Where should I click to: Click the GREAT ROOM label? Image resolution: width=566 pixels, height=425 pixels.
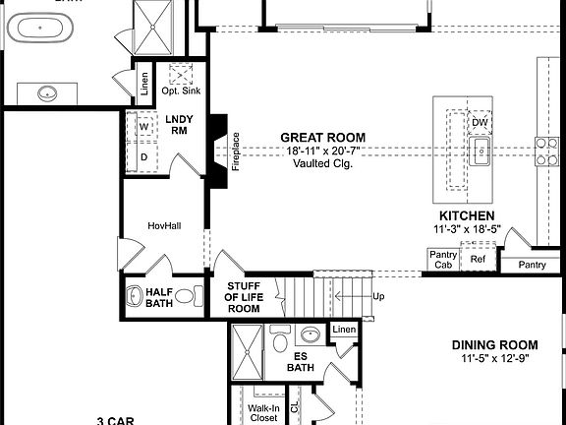click(x=322, y=138)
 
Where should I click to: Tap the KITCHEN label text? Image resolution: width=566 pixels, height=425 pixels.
click(x=466, y=215)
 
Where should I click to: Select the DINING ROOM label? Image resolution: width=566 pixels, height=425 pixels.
click(x=494, y=344)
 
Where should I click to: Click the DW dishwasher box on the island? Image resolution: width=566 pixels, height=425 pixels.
click(x=480, y=123)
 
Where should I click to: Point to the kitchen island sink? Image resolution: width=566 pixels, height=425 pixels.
click(x=481, y=152)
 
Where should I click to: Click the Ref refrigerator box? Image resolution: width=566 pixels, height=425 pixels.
click(x=478, y=260)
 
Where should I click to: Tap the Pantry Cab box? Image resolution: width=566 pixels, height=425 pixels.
click(x=442, y=260)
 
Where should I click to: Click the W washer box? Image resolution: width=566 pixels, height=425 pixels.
click(x=142, y=127)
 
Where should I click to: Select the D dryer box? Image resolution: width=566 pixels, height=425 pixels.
click(x=142, y=156)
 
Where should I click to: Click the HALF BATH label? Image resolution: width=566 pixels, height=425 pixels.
click(x=159, y=298)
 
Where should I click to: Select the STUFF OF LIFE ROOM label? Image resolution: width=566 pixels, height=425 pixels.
click(x=243, y=298)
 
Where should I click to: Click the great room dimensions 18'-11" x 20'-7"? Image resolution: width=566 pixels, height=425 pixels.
click(x=322, y=151)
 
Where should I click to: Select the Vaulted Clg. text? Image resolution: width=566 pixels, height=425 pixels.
click(x=322, y=163)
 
